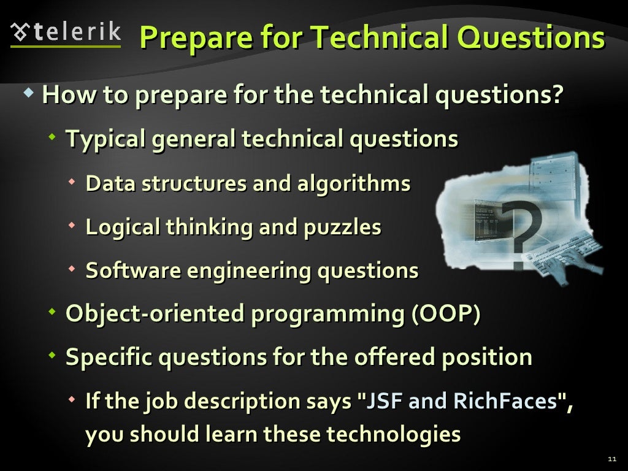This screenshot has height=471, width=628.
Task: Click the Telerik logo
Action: click(x=66, y=34)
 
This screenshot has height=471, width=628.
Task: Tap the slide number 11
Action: click(x=611, y=459)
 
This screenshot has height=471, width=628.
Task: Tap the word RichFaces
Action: click(x=505, y=402)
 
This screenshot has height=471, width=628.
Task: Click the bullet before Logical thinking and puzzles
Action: click(x=73, y=225)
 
